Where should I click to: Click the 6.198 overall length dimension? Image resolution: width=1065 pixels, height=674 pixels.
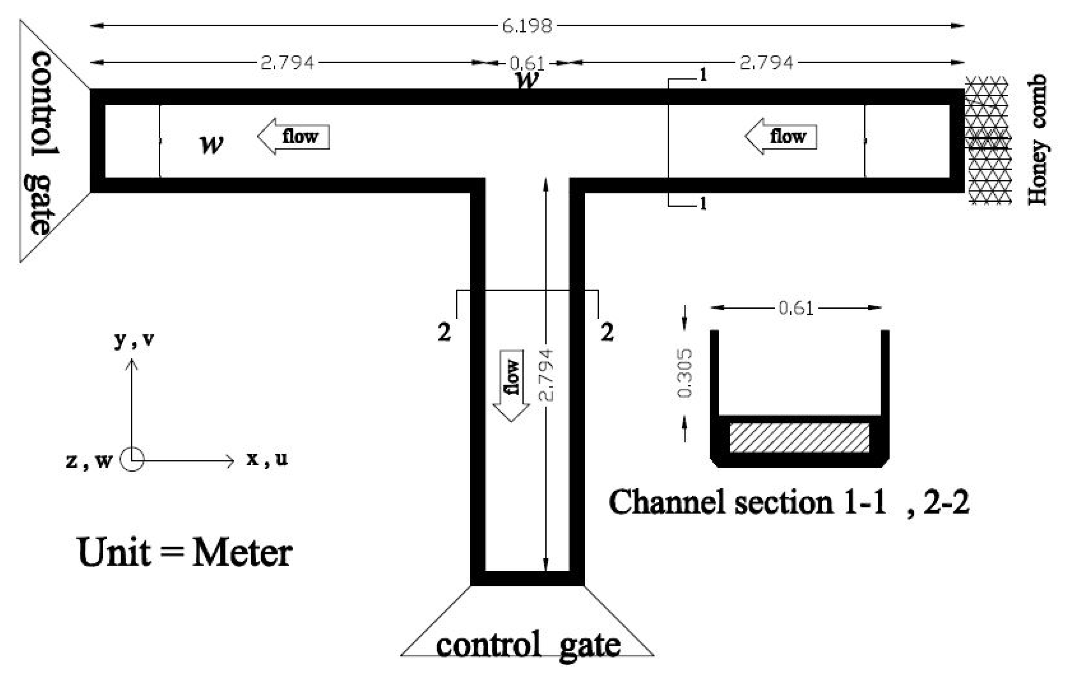point(526,26)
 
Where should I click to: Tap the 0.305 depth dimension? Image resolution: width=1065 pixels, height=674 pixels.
point(684,373)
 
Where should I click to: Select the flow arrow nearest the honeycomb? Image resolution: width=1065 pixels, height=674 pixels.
point(781,136)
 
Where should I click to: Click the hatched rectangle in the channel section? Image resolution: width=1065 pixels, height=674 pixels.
point(799,437)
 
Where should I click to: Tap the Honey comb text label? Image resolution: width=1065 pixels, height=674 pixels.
point(1037,140)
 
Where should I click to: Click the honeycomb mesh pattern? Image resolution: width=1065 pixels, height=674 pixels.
point(989,140)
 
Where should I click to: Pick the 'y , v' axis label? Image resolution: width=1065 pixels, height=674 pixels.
point(134,339)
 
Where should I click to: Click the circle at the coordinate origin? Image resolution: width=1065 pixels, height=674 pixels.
point(132,460)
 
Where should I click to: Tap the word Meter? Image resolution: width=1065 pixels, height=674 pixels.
point(242,553)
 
